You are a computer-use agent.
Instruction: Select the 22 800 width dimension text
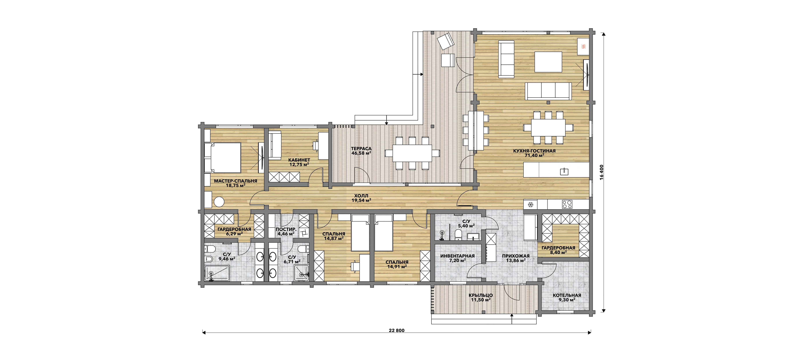point(397,331)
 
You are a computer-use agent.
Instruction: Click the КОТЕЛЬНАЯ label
point(567,295)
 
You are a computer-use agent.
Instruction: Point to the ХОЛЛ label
point(361,196)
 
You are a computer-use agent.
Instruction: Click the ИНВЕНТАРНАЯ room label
point(457,256)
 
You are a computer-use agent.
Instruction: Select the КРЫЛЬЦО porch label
point(481,295)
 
